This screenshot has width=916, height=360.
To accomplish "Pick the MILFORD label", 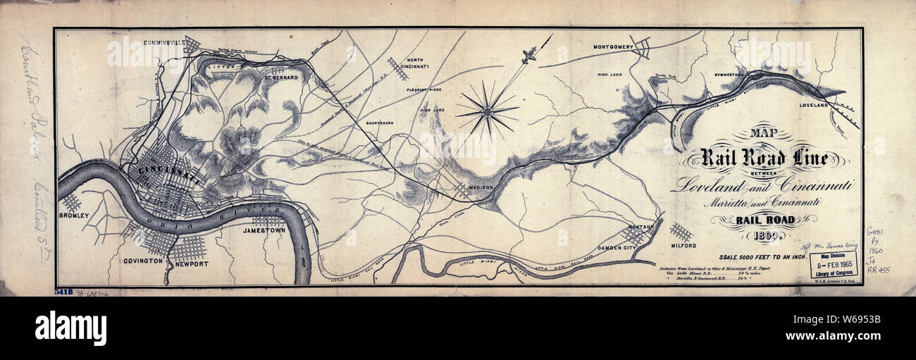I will coord(683,246).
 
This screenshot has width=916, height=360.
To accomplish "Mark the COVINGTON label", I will coord(144,261).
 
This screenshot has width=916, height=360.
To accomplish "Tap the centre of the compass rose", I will coord(487,110).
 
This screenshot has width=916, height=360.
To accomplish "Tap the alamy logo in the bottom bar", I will coord(70,328).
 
